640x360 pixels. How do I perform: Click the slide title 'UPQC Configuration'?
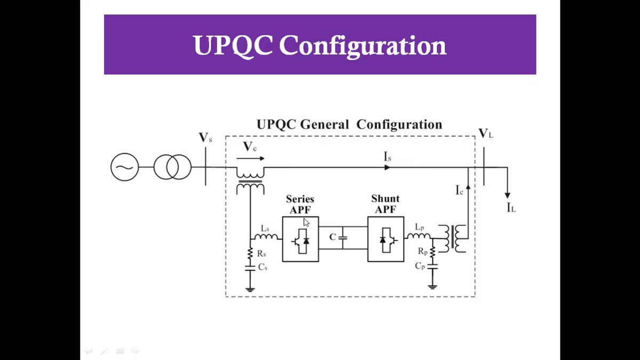[319, 45]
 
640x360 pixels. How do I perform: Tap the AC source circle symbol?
[124, 167]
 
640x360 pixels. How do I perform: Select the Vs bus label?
[205, 138]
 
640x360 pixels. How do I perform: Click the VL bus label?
[485, 133]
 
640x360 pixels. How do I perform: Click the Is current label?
[388, 157]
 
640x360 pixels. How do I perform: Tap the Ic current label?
[459, 189]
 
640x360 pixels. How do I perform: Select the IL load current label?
[510, 207]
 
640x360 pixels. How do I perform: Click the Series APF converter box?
[300, 239]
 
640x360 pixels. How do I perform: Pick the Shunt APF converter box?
[386, 239]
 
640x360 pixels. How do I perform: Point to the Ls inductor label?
[265, 228]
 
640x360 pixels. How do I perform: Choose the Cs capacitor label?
[262, 267]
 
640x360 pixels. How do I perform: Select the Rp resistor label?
[422, 251]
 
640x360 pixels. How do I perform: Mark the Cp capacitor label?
[421, 266]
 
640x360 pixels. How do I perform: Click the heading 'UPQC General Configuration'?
[349, 125]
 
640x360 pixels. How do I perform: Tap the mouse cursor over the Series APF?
[306, 222]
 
